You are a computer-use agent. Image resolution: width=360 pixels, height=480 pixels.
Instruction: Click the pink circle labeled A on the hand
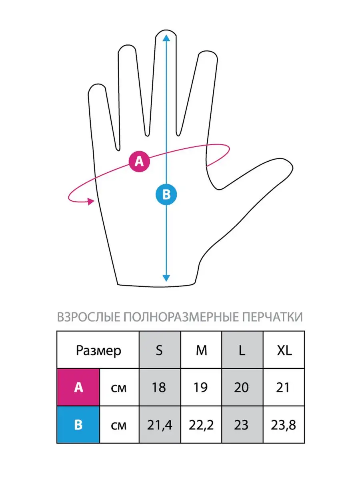tap(139, 162)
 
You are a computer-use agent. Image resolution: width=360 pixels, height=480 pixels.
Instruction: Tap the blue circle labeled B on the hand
tap(166, 194)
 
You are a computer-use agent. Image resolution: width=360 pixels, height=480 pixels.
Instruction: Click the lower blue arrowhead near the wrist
tap(166, 278)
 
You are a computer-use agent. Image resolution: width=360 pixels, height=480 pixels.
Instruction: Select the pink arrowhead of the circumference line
tap(91, 201)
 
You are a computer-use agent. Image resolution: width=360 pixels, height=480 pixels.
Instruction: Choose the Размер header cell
tap(98, 350)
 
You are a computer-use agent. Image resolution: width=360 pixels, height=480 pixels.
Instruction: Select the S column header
tap(160, 350)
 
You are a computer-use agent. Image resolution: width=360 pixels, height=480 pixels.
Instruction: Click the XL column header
tap(284, 350)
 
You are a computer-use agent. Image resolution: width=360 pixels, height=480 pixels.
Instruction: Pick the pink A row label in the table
tap(78, 387)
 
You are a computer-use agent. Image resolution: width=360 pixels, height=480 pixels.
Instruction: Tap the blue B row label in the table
tap(78, 425)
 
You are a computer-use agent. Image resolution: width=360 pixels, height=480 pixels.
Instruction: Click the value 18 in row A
tap(159, 388)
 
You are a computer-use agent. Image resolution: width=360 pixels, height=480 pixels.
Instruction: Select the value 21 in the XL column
tap(283, 388)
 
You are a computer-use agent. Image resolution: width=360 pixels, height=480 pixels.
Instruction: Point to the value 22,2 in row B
tap(201, 425)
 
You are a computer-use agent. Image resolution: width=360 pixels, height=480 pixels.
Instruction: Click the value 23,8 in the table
tap(283, 425)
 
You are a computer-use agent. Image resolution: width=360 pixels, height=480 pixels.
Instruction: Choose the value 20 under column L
tap(241, 388)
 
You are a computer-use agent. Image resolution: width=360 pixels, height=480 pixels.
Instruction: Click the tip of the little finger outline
tap(96, 84)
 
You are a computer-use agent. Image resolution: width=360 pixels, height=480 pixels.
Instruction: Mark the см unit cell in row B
tap(119, 425)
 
